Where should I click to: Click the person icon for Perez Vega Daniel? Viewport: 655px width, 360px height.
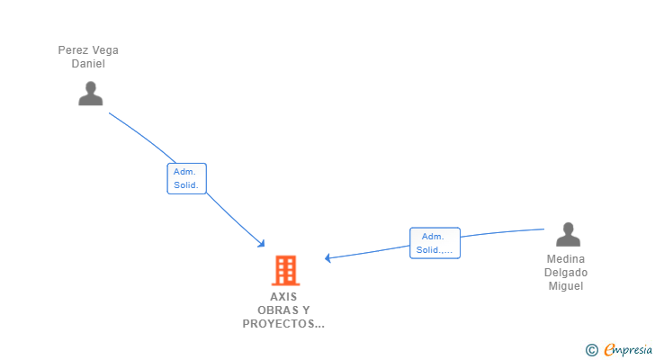click(x=91, y=93)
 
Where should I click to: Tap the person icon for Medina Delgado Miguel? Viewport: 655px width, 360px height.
click(x=568, y=234)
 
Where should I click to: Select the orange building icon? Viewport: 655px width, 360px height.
click(x=286, y=271)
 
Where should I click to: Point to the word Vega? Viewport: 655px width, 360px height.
click(x=105, y=50)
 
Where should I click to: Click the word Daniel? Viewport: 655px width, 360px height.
click(x=88, y=64)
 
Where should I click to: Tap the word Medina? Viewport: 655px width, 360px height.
click(x=566, y=259)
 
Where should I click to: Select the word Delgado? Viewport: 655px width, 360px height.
click(x=566, y=273)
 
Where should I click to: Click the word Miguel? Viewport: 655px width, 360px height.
click(x=566, y=286)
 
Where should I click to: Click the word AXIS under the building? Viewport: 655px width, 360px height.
click(x=283, y=297)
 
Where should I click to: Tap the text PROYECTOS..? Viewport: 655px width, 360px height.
click(x=279, y=324)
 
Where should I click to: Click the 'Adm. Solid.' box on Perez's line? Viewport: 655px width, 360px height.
click(x=187, y=178)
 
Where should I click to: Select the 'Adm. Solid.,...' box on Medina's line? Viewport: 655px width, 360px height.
click(x=435, y=243)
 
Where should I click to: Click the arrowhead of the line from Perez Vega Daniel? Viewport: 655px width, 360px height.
click(x=262, y=244)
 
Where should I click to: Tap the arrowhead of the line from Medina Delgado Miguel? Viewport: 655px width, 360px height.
click(x=327, y=258)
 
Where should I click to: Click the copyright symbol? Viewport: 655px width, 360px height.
click(x=591, y=350)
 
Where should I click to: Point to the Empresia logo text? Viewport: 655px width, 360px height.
click(x=628, y=350)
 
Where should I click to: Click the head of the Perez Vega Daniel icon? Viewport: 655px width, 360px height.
click(x=91, y=87)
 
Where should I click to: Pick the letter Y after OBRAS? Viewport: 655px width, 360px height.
click(x=306, y=310)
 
